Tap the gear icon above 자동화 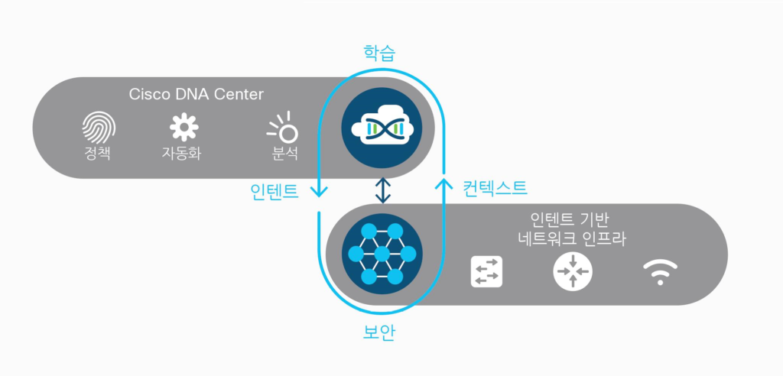(184, 128)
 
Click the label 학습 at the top (382, 53)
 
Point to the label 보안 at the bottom (382, 332)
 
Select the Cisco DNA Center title (196, 95)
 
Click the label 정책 (98, 152)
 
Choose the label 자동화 (184, 152)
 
